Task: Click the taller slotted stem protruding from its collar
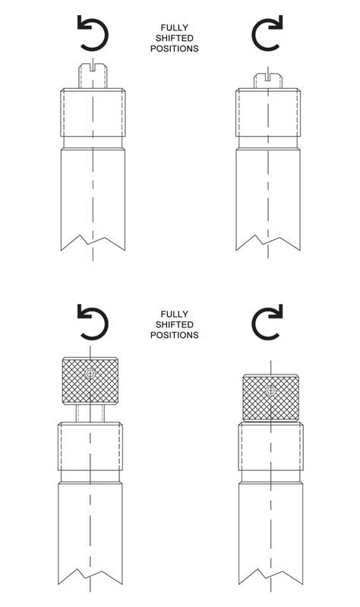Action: pyautogui.click(x=93, y=76)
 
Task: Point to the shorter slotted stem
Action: pyautogui.click(x=268, y=81)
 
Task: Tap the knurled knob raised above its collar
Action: pyautogui.click(x=90, y=381)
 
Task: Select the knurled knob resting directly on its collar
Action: pyautogui.click(x=270, y=397)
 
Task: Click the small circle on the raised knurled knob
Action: pyautogui.click(x=90, y=374)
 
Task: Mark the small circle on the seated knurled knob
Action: pyautogui.click(x=270, y=390)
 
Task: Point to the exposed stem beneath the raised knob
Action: pyautogui.click(x=90, y=413)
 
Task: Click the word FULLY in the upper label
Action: pyautogui.click(x=175, y=28)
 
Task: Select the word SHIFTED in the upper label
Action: pyautogui.click(x=175, y=38)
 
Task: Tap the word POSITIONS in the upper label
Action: pyautogui.click(x=175, y=49)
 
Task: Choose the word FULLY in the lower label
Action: pyautogui.click(x=175, y=314)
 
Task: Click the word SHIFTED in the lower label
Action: pyautogui.click(x=175, y=324)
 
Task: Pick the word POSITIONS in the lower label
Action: pyautogui.click(x=175, y=335)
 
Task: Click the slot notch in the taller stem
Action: pyautogui.click(x=93, y=68)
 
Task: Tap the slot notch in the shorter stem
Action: pyautogui.click(x=268, y=77)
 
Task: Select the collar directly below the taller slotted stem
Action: pyautogui.click(x=93, y=112)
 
